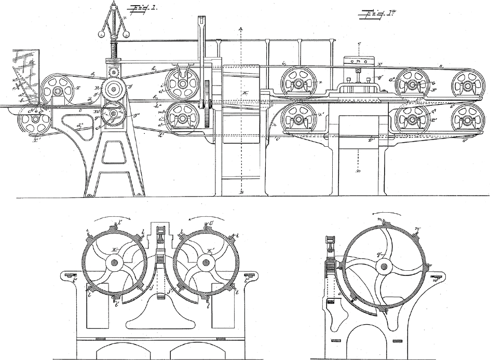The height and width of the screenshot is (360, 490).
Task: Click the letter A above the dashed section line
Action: pyautogui.click(x=241, y=29)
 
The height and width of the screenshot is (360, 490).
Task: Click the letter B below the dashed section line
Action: pyautogui.click(x=241, y=191)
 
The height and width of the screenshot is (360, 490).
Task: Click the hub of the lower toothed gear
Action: pyautogui.click(x=113, y=113)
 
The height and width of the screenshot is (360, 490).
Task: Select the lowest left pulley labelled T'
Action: pyautogui.click(x=33, y=122)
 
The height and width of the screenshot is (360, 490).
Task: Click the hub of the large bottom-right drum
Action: pyautogui.click(x=384, y=267)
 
